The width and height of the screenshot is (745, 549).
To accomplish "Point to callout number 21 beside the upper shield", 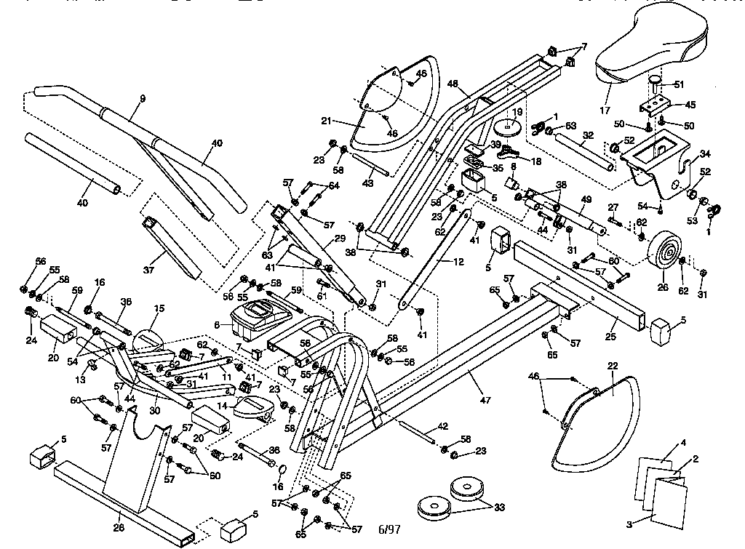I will [x=327, y=121].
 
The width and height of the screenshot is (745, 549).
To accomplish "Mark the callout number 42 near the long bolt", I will [x=442, y=427].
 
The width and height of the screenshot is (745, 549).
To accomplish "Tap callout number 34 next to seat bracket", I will [x=704, y=153].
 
